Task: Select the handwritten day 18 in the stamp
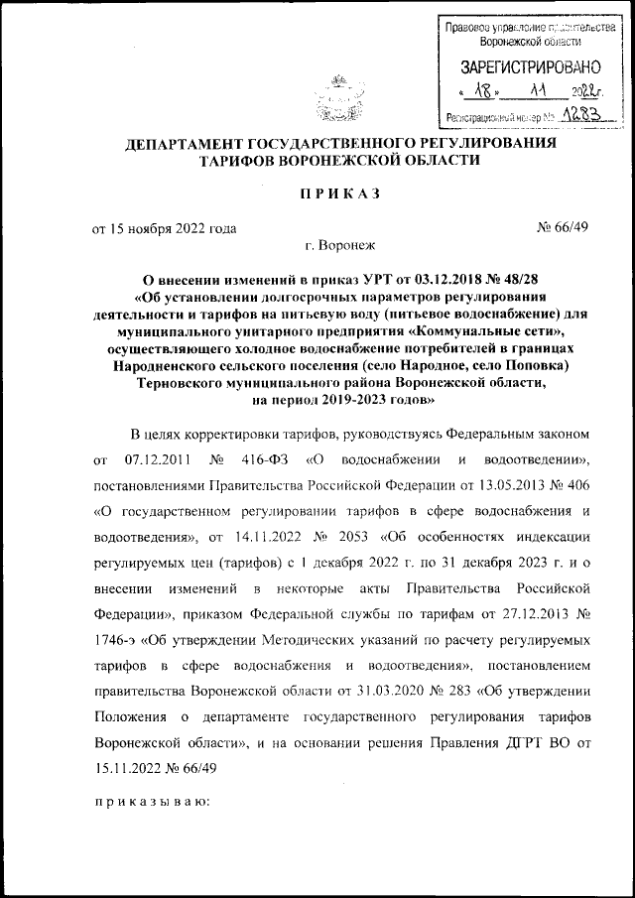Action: [x=483, y=91]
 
